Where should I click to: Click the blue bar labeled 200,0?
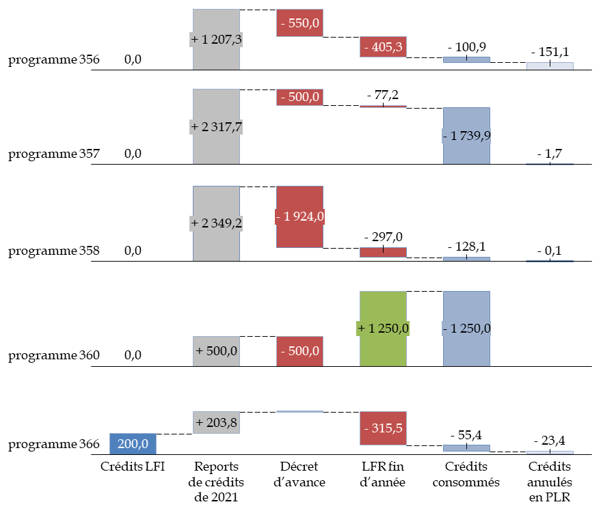(133, 443)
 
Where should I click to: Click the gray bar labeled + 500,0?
(216, 351)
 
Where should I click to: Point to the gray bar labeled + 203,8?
(216, 422)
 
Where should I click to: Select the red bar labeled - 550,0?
(299, 23)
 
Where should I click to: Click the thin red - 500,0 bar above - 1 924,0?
(299, 97)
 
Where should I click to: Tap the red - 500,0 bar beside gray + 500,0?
(299, 351)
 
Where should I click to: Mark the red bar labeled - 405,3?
(383, 46)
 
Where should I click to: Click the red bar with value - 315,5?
(383, 428)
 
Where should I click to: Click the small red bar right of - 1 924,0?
(383, 252)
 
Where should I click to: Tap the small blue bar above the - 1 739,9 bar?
(466, 59)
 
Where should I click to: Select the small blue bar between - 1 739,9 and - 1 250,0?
(466, 259)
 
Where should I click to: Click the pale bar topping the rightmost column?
(550, 66)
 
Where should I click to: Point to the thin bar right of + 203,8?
(299, 411)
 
